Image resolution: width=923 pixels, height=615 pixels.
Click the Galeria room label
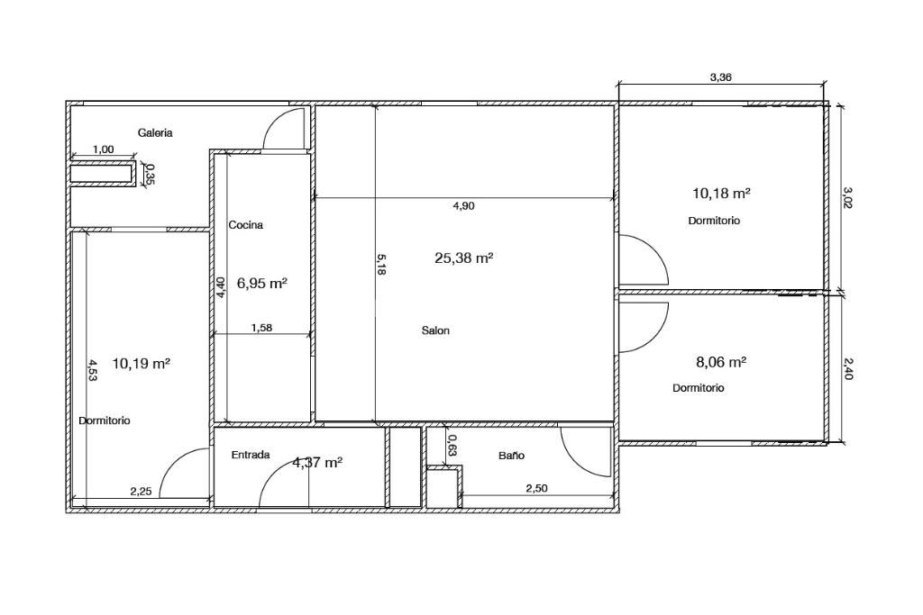pyautogui.click(x=155, y=133)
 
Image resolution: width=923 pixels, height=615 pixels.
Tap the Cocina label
pyautogui.click(x=245, y=224)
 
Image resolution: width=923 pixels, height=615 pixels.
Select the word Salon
pyautogui.click(x=435, y=330)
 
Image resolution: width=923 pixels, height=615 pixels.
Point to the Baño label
pyautogui.click(x=511, y=455)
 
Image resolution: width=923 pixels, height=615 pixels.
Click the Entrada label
pyautogui.click(x=251, y=455)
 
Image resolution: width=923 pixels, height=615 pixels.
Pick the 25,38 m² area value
pyautogui.click(x=464, y=258)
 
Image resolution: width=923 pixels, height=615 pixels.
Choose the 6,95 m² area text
pyautogui.click(x=262, y=284)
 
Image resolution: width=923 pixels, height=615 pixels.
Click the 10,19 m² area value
pyautogui.click(x=142, y=364)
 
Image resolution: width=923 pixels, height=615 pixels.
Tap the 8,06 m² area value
pyautogui.click(x=722, y=362)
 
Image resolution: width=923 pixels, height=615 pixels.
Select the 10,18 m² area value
pyautogui.click(x=721, y=193)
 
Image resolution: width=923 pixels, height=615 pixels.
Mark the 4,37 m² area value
pyautogui.click(x=318, y=463)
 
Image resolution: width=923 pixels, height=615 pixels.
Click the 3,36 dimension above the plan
pyautogui.click(x=721, y=77)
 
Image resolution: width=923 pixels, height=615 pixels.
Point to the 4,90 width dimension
pyautogui.click(x=464, y=206)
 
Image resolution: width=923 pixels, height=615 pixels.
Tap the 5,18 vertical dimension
pyautogui.click(x=381, y=265)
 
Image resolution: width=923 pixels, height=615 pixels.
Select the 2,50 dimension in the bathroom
pyautogui.click(x=537, y=488)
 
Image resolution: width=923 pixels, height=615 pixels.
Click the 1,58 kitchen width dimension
pyautogui.click(x=261, y=328)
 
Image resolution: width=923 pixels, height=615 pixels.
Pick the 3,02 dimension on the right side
pyautogui.click(x=847, y=197)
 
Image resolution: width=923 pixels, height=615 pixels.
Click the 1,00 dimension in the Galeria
pyautogui.click(x=104, y=149)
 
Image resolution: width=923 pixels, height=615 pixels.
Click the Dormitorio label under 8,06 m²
pyautogui.click(x=699, y=388)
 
